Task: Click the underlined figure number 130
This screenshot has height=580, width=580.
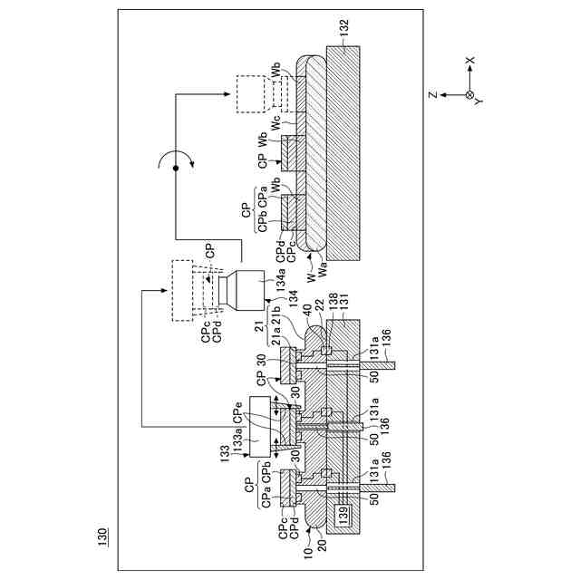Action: [102, 536]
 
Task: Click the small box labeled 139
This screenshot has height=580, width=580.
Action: [343, 512]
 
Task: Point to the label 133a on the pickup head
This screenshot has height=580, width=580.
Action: [237, 438]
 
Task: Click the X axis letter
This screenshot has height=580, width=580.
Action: [469, 60]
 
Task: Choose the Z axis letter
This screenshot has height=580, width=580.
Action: [432, 95]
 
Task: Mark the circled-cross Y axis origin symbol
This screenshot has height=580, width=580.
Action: [469, 95]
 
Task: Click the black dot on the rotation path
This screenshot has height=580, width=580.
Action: [176, 169]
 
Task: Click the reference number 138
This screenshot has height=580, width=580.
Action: [333, 302]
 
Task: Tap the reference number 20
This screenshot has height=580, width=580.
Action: [323, 546]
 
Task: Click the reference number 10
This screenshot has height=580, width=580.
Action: [308, 553]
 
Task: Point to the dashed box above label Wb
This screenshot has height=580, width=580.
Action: [251, 94]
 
